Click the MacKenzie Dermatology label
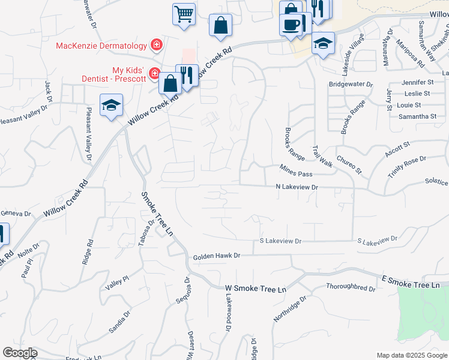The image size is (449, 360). [101, 46]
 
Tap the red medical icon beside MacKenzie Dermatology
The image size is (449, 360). [157, 44]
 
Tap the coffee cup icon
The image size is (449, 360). [291, 25]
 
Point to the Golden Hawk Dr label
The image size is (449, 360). [216, 256]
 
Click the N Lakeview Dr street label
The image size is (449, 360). [296, 188]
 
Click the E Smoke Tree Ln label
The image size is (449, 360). [414, 282]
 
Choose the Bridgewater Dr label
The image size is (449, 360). [351, 85]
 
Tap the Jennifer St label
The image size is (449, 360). [418, 82]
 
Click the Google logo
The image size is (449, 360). [20, 353]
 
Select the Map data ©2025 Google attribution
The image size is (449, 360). [411, 355]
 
